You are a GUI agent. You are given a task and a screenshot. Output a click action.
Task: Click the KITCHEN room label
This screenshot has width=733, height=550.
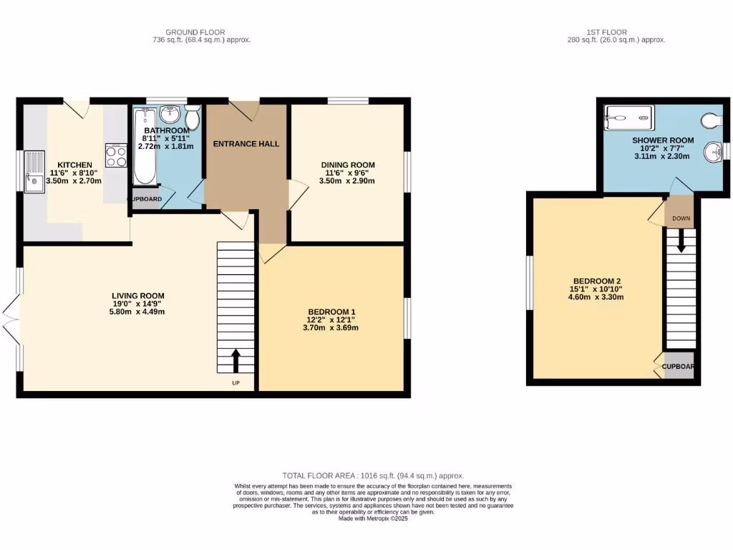click(x=74, y=165)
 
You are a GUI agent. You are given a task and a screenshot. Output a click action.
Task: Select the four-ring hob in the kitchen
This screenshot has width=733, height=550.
click(x=116, y=155)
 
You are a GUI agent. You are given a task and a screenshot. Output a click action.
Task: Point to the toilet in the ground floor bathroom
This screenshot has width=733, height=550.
click(x=192, y=117)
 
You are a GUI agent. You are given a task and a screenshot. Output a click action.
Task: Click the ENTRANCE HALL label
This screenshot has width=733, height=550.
click(x=246, y=144)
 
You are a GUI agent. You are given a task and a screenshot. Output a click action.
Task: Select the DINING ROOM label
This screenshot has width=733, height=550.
click(x=347, y=165)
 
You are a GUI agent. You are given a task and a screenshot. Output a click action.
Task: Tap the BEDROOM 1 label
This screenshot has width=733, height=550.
click(x=331, y=312)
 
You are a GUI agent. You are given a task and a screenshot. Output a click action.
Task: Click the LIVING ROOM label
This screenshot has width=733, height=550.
click(x=138, y=296)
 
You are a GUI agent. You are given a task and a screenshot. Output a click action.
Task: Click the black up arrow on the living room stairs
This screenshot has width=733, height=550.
click(x=236, y=361)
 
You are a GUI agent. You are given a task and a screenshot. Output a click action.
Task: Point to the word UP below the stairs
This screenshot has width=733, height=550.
click(x=236, y=383)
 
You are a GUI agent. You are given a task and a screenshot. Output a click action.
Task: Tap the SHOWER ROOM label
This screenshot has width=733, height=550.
click(x=663, y=140)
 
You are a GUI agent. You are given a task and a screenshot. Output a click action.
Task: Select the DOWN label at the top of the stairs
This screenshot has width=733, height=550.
click(x=681, y=218)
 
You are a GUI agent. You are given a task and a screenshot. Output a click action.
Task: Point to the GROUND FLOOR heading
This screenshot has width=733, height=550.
click(x=195, y=32)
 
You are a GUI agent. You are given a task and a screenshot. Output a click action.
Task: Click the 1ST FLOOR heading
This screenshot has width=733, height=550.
click(x=606, y=32)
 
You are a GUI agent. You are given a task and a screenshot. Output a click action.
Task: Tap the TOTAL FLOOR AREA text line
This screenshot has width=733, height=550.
click(x=373, y=476)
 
